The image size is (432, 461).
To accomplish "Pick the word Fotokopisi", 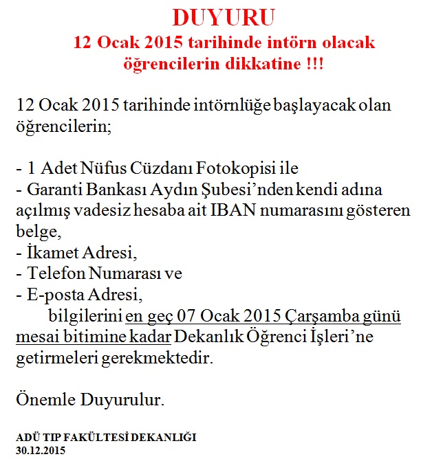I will [x=230, y=168].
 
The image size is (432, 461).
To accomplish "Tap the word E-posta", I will [x=54, y=295].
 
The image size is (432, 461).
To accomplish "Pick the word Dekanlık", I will [x=206, y=337].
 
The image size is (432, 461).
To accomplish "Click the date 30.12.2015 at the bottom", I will [x=40, y=451].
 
